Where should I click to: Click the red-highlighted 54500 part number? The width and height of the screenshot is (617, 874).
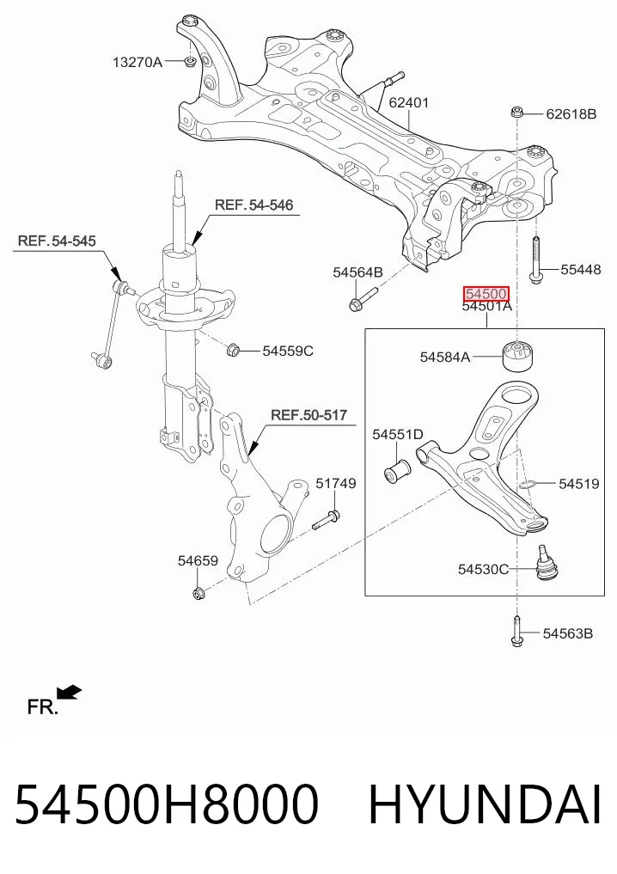point(486,294)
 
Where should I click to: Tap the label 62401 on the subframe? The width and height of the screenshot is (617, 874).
point(408,102)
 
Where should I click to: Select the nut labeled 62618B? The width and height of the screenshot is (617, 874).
point(516,113)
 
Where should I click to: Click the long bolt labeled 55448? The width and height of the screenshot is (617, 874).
point(535,260)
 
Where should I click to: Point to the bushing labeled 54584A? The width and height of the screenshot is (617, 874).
point(519,355)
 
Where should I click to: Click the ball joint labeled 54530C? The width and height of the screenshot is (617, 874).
point(545,564)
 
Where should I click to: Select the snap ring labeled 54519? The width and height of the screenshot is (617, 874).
point(528,483)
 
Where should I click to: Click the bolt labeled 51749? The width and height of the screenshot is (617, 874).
point(326,520)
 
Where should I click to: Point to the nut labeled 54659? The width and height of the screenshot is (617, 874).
point(198,592)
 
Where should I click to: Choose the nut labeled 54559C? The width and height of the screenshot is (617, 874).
point(234,351)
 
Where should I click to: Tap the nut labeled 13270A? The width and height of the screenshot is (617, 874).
point(190,61)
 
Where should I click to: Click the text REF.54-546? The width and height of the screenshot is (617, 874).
point(254,205)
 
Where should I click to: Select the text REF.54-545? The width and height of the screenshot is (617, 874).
point(57,241)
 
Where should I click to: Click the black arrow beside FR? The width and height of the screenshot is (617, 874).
point(70,692)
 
